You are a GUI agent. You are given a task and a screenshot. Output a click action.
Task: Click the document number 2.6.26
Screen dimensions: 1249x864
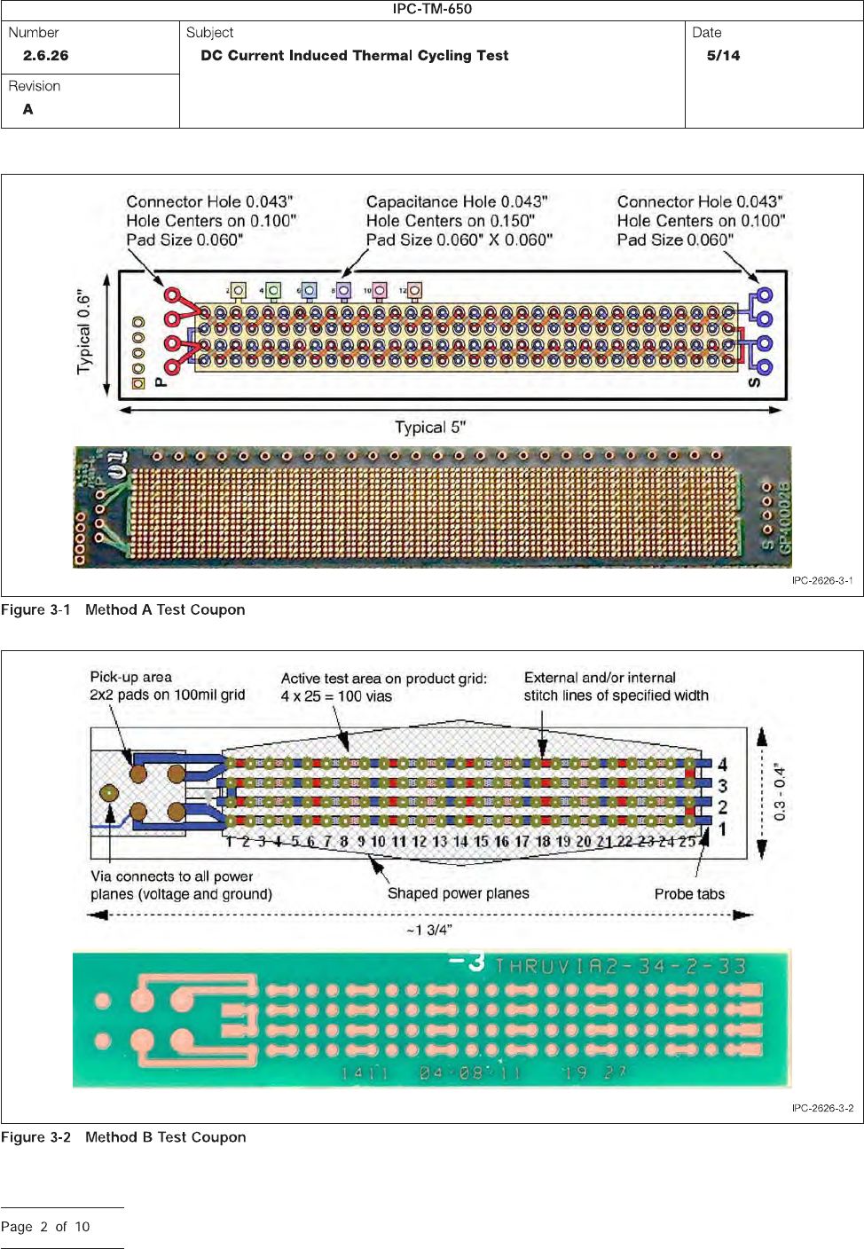tap(46, 56)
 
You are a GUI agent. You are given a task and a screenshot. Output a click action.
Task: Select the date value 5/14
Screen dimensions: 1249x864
tap(723, 56)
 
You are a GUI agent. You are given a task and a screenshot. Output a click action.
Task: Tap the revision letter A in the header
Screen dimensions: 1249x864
tap(28, 109)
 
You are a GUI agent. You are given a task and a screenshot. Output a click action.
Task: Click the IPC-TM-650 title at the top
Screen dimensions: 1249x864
tap(432, 9)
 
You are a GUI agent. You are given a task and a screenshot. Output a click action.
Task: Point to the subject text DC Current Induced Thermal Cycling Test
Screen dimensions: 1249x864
tap(355, 56)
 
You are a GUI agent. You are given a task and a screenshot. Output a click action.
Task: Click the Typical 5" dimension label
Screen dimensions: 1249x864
tap(430, 428)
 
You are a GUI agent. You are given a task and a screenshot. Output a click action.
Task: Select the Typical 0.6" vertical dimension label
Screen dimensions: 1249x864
tap(84, 331)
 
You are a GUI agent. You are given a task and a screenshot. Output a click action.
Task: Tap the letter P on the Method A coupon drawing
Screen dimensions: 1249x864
tap(161, 382)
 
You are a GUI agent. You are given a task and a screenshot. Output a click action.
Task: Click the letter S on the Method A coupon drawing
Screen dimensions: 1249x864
tap(755, 382)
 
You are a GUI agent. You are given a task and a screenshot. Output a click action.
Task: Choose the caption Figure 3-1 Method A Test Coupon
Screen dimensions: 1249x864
tap(123, 609)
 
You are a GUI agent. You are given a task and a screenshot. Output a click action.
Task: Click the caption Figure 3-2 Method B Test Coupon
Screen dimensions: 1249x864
tap(123, 1137)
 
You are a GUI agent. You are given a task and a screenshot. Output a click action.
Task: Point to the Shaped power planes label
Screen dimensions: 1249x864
tap(458, 893)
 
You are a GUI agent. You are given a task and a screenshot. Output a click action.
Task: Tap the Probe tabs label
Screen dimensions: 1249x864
tap(689, 894)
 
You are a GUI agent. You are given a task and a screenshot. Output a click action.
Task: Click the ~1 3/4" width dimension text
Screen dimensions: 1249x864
tap(429, 930)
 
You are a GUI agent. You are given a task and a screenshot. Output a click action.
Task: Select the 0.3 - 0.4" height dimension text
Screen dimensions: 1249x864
tap(780, 792)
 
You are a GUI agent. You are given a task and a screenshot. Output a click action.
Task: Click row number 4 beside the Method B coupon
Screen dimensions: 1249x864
tap(723, 764)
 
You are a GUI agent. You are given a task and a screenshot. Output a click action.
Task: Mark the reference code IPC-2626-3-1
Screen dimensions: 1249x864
tap(822, 581)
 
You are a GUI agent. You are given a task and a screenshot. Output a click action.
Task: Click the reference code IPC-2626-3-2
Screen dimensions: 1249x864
tap(822, 1108)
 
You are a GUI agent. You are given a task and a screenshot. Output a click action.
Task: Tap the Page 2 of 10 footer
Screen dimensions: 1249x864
tap(45, 1227)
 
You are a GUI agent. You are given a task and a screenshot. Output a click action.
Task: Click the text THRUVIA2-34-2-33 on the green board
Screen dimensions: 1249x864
tap(621, 966)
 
